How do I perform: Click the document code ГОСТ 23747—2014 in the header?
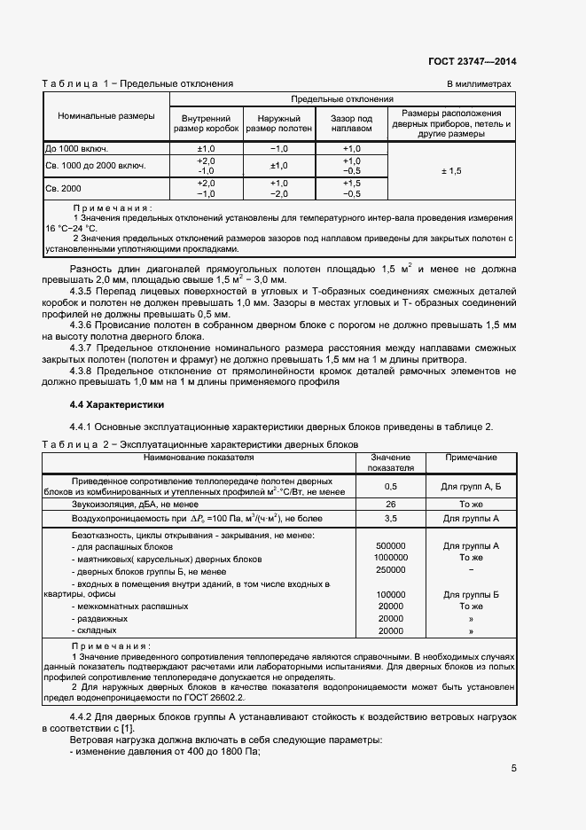[472, 61]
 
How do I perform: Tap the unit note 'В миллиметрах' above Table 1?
[479, 84]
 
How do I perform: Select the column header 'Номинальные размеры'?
[105, 116]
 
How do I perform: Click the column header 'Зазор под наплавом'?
[351, 123]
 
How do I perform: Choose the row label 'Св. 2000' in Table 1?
[63, 189]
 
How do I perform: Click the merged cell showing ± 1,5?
[451, 169]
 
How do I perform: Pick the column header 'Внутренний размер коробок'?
[205, 123]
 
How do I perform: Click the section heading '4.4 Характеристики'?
[105, 404]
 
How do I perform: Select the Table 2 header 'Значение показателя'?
[391, 462]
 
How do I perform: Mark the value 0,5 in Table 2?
[391, 486]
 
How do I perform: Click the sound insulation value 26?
[391, 504]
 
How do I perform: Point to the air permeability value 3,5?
[391, 518]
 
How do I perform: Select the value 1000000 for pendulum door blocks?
[391, 558]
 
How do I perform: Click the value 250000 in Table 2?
[391, 570]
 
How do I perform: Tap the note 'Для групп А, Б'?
[471, 486]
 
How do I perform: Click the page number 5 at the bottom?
[513, 769]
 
